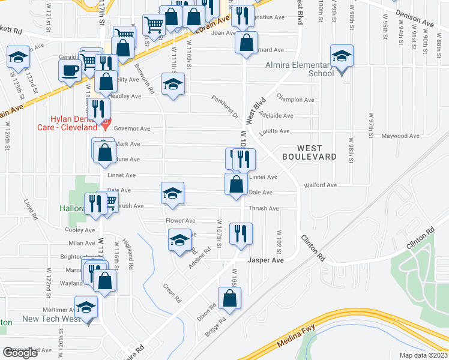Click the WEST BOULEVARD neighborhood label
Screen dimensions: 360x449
click(x=317, y=152)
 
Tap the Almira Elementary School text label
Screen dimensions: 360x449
click(x=304, y=69)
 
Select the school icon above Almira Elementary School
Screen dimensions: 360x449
click(x=342, y=56)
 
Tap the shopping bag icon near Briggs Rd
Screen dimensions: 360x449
click(x=230, y=298)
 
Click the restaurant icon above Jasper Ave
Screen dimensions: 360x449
click(x=241, y=233)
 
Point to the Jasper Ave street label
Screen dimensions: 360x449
click(x=266, y=260)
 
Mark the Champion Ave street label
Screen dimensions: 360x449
click(x=295, y=100)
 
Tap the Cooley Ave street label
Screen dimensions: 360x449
click(x=81, y=230)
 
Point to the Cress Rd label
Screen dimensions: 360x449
click(x=172, y=291)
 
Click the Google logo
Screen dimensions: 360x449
click(x=20, y=353)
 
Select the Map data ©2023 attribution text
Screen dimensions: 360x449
click(x=423, y=355)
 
